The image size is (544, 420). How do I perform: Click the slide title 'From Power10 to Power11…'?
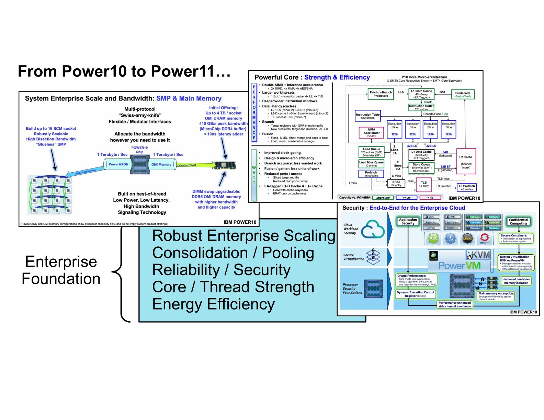click(124, 71)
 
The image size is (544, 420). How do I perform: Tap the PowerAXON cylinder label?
click(118, 164)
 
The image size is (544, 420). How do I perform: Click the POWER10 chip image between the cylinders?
click(139, 165)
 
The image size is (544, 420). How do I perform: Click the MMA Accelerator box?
click(372, 132)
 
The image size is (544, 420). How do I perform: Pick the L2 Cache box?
click(466, 162)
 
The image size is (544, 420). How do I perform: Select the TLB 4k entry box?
click(423, 184)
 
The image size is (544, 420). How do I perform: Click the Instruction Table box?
click(368, 116)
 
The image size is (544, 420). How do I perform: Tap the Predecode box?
click(463, 95)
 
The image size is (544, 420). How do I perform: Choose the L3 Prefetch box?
click(467, 187)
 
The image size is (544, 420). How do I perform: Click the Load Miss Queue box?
click(371, 164)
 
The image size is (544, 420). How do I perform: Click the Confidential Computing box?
click(518, 222)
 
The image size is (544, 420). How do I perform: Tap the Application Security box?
click(408, 222)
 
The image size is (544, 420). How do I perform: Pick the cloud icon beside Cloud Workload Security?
click(373, 229)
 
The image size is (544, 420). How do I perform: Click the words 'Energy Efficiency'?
click(213, 304)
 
